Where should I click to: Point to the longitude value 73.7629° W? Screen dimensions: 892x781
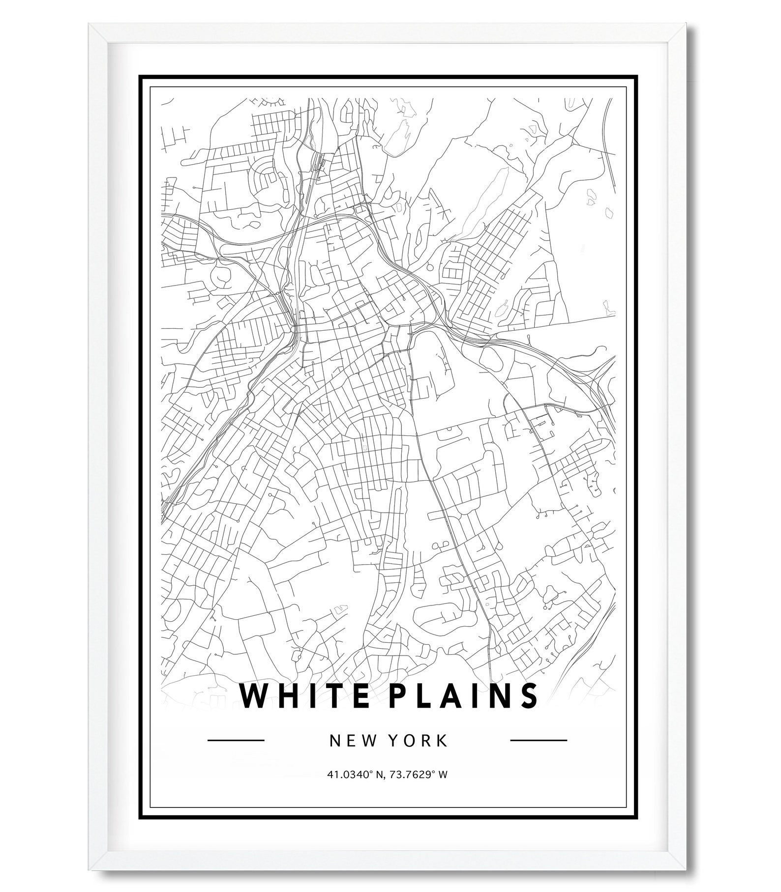pyautogui.click(x=419, y=775)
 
